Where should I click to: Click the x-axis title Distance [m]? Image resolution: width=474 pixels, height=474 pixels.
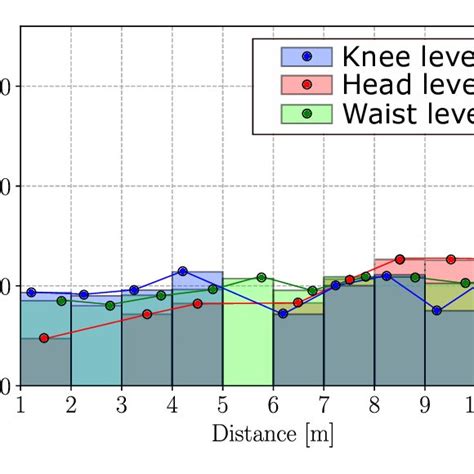coord(272,435)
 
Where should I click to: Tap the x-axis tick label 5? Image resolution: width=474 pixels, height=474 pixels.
coord(222,404)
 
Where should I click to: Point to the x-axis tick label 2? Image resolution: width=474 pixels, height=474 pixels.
coord(71,404)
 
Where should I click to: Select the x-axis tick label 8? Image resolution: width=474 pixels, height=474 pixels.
coord(374,404)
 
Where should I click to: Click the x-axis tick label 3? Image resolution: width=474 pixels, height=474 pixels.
coord(121,404)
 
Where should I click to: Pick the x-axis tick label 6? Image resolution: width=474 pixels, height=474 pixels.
coord(273,404)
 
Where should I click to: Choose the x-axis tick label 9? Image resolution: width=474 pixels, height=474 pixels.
coord(424,404)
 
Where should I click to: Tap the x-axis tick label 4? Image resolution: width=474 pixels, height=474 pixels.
coord(172,404)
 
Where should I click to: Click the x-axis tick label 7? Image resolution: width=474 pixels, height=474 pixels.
coord(323,404)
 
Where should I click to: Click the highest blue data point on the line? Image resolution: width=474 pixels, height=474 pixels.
coord(182,271)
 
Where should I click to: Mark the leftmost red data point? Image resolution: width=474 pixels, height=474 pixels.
coord(44,338)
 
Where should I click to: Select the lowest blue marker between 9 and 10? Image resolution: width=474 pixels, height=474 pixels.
coord(437,311)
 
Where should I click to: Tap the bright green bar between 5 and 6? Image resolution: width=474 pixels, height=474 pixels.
coord(247,340)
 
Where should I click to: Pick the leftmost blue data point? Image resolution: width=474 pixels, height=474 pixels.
coord(31,293)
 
